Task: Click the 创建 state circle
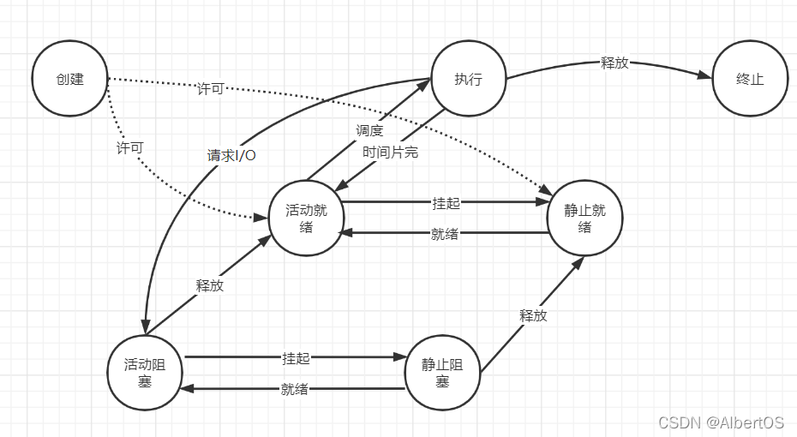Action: click(69, 80)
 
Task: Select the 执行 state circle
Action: click(468, 80)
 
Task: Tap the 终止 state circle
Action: click(750, 80)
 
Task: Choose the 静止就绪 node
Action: click(584, 218)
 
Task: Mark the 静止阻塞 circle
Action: click(442, 373)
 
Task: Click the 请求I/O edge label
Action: click(231, 155)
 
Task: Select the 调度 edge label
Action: click(369, 130)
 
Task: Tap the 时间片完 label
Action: click(390, 152)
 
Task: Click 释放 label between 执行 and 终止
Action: click(614, 63)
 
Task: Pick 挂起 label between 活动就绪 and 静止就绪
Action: click(446, 203)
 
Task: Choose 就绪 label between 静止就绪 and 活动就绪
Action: click(444, 233)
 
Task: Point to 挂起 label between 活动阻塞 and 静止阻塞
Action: click(296, 357)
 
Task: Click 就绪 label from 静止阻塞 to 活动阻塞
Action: click(294, 389)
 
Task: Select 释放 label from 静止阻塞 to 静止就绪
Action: click(532, 315)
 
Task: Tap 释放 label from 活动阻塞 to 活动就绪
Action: click(210, 286)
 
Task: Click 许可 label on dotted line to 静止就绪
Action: click(210, 89)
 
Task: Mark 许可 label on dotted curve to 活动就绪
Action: click(129, 147)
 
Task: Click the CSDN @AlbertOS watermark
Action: click(722, 422)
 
